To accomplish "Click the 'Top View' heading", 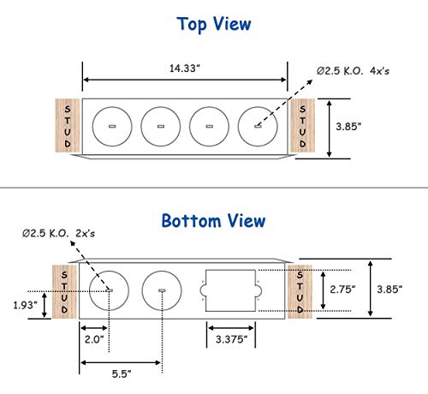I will coord(214,23).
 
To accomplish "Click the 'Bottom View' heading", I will coord(214,221).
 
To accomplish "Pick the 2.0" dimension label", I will coord(93,340).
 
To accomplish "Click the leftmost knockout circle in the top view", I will coord(111,127).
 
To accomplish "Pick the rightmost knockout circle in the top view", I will coord(258,127).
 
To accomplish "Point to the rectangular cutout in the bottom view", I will coord(229,291).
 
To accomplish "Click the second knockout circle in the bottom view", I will coord(161,291).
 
